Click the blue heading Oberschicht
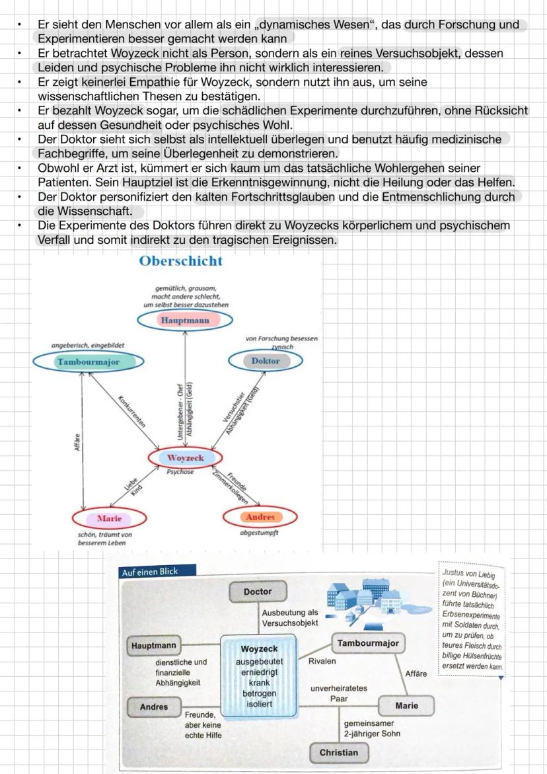(181, 261)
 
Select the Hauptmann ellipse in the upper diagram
(185, 321)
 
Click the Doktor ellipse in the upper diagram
(265, 361)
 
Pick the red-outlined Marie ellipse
(109, 518)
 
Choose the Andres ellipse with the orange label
(261, 516)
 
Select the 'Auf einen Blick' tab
(149, 572)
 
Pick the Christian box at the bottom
(338, 752)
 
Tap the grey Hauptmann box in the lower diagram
(153, 644)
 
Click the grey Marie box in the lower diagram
(406, 705)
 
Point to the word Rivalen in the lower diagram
(322, 661)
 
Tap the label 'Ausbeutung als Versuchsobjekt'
(289, 618)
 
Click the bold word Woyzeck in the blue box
(259, 649)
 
